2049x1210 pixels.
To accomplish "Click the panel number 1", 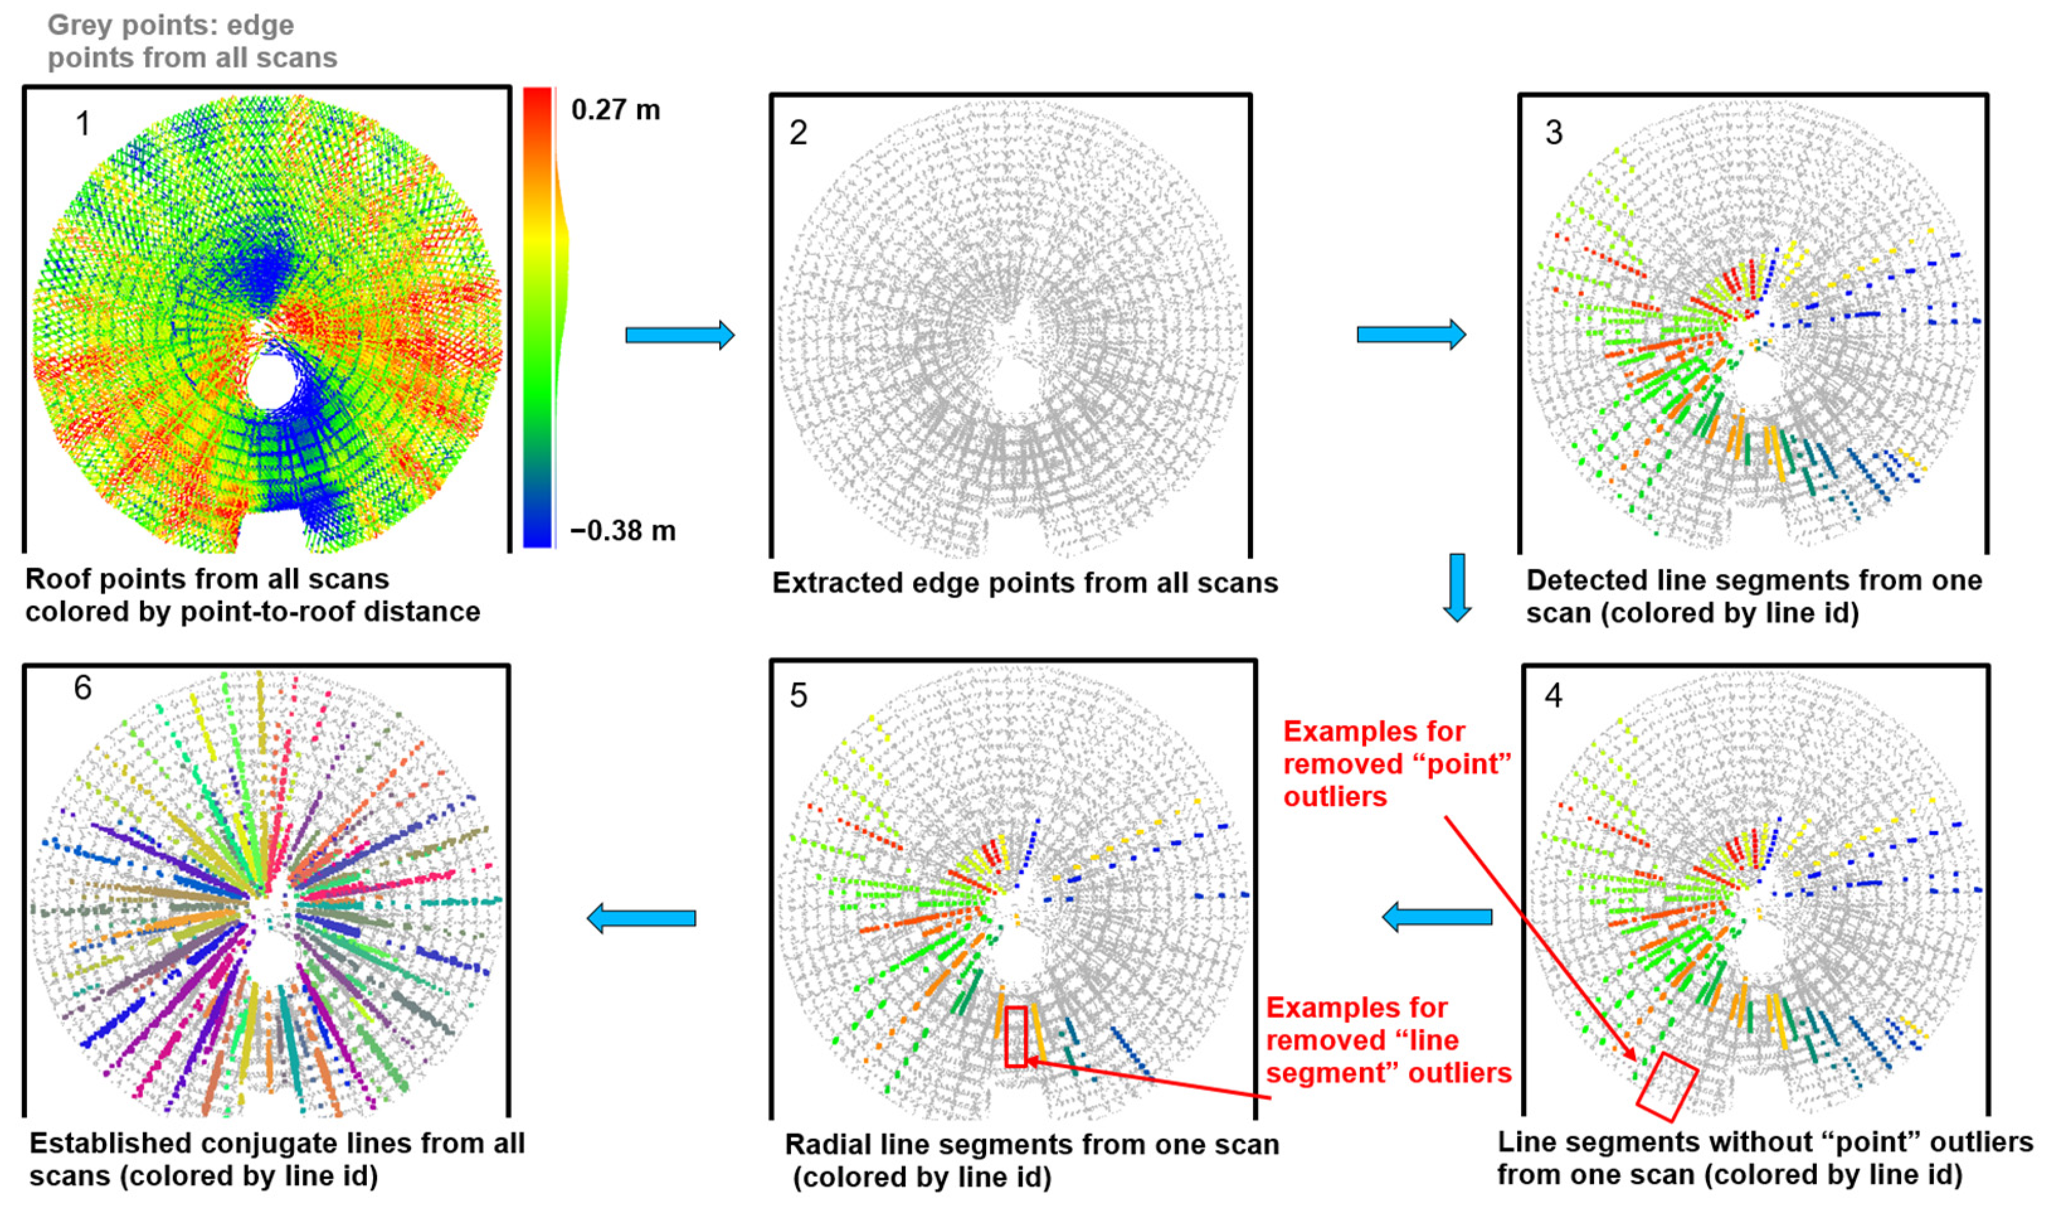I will [x=82, y=124].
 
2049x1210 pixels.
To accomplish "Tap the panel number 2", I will [x=798, y=133].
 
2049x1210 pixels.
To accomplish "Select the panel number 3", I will [x=1554, y=133].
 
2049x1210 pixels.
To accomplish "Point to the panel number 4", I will [x=1554, y=695].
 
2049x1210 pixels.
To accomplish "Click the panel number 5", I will [x=798, y=695].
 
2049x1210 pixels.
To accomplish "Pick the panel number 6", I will [x=82, y=688].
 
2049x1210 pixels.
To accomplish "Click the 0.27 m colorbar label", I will [x=615, y=109].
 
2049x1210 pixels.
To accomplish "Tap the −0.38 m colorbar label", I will [x=623, y=531].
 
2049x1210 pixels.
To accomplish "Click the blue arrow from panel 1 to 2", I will [x=679, y=335].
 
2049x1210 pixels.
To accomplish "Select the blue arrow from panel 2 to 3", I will [x=1410, y=335].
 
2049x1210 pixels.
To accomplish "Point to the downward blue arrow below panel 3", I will [x=1457, y=587].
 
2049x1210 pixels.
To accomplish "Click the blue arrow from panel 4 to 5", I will [x=1437, y=917].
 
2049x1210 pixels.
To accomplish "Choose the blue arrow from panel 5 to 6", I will [x=642, y=918].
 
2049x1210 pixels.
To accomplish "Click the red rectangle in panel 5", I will [x=1015, y=1036].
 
